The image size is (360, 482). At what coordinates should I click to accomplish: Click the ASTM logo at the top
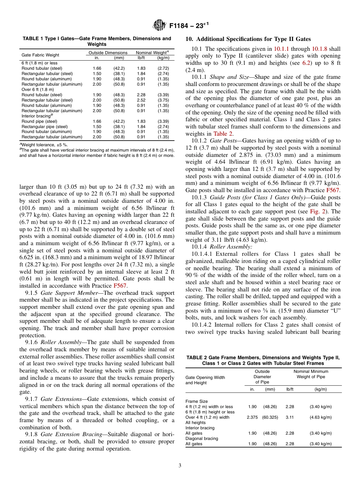pos(160,25)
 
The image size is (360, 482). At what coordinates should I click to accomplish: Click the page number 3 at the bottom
pos(180,465)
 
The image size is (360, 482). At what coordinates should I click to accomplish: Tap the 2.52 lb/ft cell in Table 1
pos(141,100)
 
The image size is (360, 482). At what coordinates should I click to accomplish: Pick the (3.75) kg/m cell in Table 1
pos(163,100)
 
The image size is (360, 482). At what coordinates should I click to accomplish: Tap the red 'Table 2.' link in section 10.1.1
pos(223,133)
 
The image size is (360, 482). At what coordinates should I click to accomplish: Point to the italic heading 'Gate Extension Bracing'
pos(71,435)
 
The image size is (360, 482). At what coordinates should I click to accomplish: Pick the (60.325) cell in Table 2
pos(270,417)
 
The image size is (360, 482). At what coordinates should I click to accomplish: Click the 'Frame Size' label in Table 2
pos(196,401)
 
